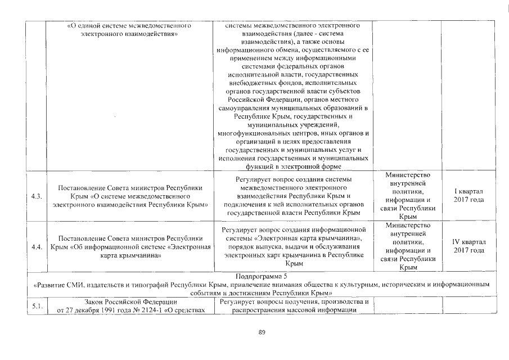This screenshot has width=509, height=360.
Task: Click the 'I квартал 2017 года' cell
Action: pyautogui.click(x=469, y=196)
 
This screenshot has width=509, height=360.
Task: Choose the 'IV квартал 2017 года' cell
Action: pyautogui.click(x=469, y=246)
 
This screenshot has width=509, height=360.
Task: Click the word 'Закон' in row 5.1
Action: pyautogui.click(x=94, y=303)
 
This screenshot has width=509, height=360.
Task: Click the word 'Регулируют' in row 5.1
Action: pyautogui.click(x=239, y=303)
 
